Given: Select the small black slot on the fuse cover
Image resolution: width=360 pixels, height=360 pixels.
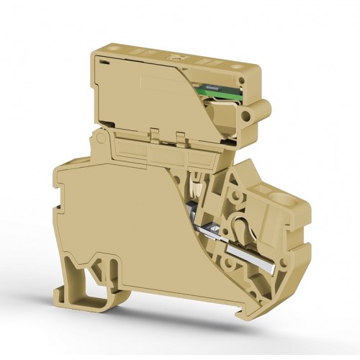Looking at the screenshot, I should [x=104, y=63].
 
